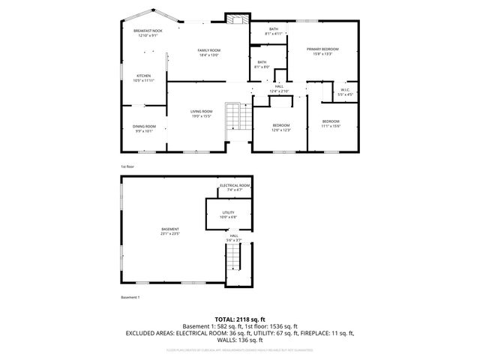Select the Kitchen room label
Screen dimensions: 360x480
coord(144,77)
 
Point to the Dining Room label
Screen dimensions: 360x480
coord(144,128)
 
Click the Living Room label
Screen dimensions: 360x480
coord(201,113)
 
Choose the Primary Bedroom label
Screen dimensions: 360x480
coord(322,51)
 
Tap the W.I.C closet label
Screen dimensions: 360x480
coord(345,92)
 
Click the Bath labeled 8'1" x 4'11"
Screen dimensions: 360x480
coord(262,31)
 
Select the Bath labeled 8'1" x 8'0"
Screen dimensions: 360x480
coord(262,64)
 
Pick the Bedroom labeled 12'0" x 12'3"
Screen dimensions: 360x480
coord(280,127)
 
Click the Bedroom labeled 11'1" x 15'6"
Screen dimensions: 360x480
coord(331,124)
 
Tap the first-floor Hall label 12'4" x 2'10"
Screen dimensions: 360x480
coord(279,89)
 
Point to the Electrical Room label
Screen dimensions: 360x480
coord(234,187)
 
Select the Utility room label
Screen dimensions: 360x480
coord(229,214)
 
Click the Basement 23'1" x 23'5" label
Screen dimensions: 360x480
coord(170,231)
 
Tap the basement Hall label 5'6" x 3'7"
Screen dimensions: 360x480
coord(234,238)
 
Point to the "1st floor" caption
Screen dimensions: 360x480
coord(127,166)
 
